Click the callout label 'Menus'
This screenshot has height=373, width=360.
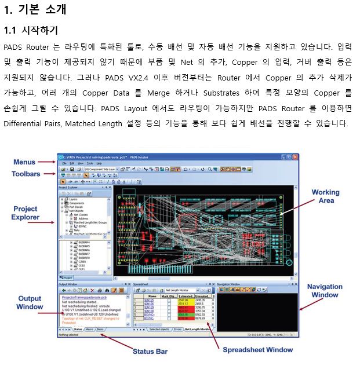coord(24,162)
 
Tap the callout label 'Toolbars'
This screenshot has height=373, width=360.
coord(27,174)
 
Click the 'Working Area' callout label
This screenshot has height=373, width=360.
coord(326,196)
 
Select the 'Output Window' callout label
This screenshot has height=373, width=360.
coord(30,302)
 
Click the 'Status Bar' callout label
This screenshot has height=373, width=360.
coord(150,351)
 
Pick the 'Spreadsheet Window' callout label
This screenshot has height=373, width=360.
coord(257,349)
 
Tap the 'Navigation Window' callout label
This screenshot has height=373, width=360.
coord(325,291)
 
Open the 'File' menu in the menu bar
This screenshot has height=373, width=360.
coord(65,163)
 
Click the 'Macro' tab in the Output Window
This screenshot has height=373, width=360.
coord(89,329)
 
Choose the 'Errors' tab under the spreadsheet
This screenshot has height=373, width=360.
coord(177,329)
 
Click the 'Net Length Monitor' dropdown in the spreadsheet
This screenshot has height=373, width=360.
coord(184,290)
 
